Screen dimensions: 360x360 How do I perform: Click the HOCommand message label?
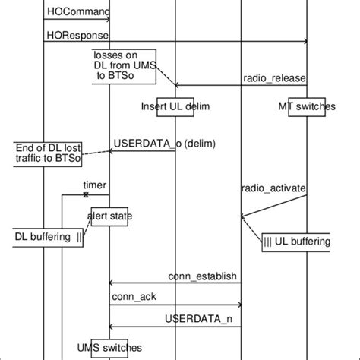pos(78,12)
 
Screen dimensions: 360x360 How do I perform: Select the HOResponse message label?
pos(77,35)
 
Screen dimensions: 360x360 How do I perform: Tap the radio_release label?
pos(270,77)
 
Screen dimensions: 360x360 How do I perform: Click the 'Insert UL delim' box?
pos(175,106)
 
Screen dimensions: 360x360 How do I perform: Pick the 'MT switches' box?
pos(307,106)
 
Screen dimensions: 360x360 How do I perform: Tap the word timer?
pos(95,185)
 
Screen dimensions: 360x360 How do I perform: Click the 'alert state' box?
pos(111,216)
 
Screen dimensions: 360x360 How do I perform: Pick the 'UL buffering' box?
pos(296,242)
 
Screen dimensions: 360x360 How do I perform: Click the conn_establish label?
pos(202,276)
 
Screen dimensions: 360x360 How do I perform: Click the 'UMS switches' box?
pos(111,347)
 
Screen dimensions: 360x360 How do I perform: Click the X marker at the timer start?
pos(85,195)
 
